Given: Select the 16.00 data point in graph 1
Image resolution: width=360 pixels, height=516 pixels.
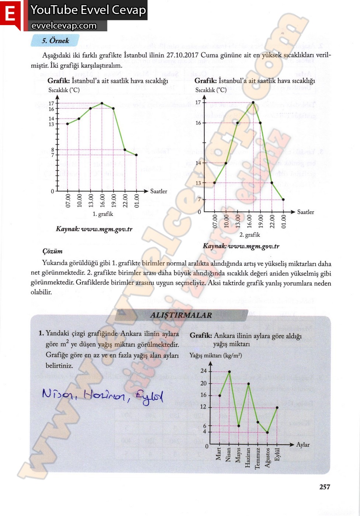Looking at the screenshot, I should point(102,103).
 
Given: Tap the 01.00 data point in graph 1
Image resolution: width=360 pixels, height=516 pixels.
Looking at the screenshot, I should point(136,155).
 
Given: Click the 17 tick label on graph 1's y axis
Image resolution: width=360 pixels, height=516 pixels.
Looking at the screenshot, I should point(51,104).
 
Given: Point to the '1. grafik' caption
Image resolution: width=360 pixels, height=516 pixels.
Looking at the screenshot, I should point(103,214).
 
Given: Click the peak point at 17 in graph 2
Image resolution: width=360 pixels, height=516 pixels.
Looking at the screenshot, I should point(253,103).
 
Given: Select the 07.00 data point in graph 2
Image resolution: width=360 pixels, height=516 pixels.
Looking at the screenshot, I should point(215,183).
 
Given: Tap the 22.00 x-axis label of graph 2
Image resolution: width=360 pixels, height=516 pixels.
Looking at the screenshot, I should point(272,222).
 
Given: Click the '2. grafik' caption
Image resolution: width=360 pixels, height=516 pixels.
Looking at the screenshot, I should point(250,235).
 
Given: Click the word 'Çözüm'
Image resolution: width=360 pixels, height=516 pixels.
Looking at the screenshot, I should point(52,251).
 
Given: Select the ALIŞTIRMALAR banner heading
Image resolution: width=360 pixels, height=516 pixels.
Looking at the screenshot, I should point(181,315).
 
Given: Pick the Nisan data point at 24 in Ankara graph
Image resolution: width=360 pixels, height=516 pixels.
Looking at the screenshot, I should point(229,372).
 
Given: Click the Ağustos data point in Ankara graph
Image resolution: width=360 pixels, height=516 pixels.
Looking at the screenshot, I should point(267,432).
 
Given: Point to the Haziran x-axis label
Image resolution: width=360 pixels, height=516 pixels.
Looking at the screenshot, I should point(248,457).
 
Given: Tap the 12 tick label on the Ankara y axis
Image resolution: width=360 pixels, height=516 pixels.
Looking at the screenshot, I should point(203,407).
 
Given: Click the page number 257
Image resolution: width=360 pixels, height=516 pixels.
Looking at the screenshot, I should point(325,487).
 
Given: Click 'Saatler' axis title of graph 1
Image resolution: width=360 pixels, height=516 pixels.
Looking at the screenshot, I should point(159,191).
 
